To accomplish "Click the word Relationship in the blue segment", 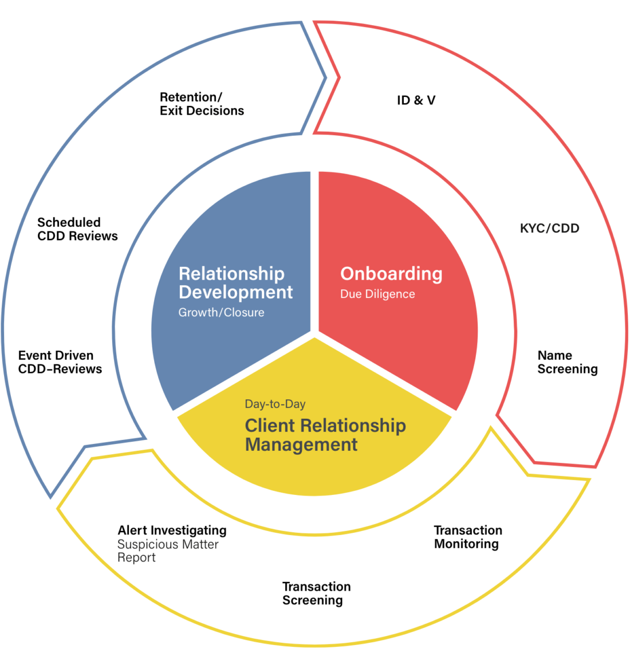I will pos(231,274).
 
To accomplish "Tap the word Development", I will pos(235,292).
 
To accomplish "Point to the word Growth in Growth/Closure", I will pos(198,313).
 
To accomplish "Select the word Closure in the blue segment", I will pos(243,313).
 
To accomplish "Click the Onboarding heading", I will pos(391,274).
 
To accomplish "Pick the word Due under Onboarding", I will pos(350,294).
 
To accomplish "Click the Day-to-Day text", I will pos(275,404).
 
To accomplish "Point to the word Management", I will pos(301,445).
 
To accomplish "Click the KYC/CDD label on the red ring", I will pos(549,228).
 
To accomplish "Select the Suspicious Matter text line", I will pos(168,545).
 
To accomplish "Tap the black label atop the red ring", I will pos(417,102).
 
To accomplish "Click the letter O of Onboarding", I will pos(348,274).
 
